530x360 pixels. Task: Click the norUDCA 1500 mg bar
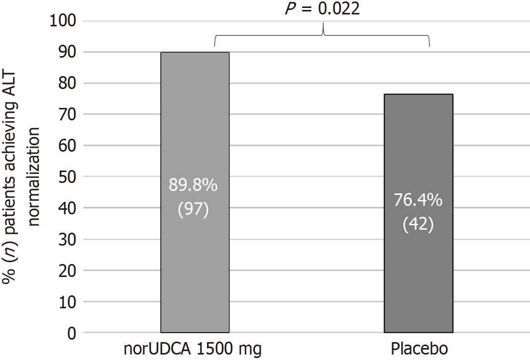pos(195,124)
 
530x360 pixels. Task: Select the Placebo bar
pos(418,149)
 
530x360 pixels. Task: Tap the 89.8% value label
pos(193,185)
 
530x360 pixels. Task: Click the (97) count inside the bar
pos(193,209)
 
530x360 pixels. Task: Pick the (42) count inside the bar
pos(418,224)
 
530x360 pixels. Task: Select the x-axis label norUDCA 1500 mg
pos(193,349)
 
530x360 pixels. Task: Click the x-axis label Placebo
pos(418,349)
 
